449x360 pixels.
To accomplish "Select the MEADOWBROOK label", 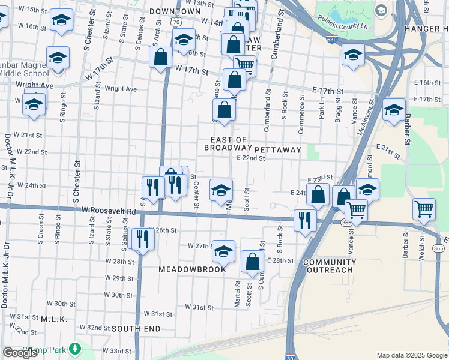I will tap(192, 269).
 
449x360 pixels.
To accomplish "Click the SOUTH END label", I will tap(136, 329).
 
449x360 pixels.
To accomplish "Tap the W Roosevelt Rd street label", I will tap(109, 212).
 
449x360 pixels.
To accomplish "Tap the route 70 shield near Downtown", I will tap(175, 22).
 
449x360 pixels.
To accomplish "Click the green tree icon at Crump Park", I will tap(74, 348).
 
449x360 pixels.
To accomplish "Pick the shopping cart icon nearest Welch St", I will tap(424, 209).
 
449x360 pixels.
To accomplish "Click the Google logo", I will tap(20, 353).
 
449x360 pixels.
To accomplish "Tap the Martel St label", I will tap(238, 295).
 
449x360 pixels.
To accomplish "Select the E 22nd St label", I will tap(250, 158).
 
